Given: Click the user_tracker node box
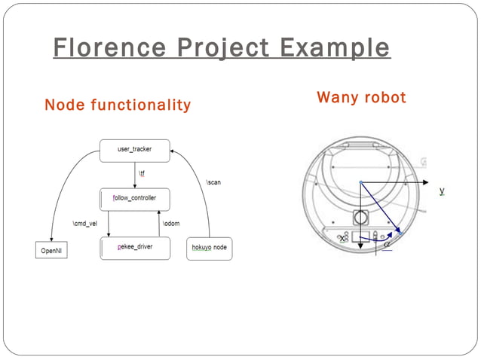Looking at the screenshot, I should (x=134, y=150).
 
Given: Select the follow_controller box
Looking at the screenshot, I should (x=134, y=200).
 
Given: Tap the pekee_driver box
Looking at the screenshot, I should (x=134, y=248).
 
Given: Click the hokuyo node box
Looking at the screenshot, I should (x=209, y=248).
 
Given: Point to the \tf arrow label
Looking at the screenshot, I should (x=142, y=175).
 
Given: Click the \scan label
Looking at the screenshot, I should (x=213, y=182).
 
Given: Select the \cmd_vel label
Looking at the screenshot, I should (x=84, y=224).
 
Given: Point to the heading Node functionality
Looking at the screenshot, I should (x=118, y=105).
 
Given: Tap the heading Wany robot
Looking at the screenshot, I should (x=361, y=97).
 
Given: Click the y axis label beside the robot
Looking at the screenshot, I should (x=442, y=191).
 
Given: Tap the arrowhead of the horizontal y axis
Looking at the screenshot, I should (x=426, y=182).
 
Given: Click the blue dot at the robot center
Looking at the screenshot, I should (x=360, y=182).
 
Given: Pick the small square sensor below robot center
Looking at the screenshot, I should (x=360, y=218).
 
